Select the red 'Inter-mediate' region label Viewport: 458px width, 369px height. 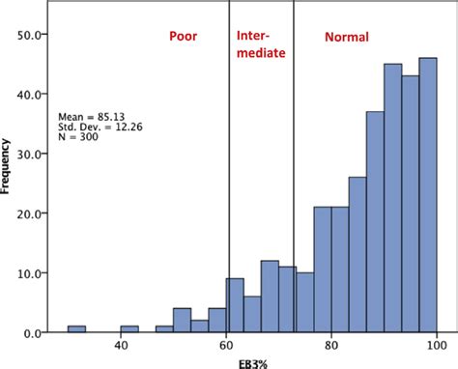coord(261,45)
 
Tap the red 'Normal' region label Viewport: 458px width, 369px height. coord(346,38)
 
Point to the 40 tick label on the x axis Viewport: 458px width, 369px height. coord(121,346)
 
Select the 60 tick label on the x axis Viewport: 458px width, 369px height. coord(226,346)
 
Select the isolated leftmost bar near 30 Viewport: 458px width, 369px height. coord(76,328)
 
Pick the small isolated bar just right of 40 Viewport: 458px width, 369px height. coord(129,328)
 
